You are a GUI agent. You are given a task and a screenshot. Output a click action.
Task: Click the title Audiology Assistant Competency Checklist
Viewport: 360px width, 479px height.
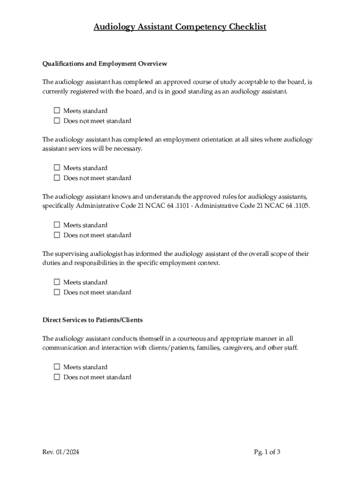pos(180,27)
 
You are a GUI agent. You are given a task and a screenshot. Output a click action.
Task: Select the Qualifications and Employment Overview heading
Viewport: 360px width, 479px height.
pos(105,64)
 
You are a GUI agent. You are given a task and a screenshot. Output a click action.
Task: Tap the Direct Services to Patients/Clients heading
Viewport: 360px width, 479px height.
pos(93,320)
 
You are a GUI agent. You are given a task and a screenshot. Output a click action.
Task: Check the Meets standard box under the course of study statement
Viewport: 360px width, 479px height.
pos(57,111)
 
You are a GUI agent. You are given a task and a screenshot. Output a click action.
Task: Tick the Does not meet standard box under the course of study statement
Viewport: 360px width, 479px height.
pos(57,121)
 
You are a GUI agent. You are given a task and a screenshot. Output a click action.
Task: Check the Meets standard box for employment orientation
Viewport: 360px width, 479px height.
pos(57,168)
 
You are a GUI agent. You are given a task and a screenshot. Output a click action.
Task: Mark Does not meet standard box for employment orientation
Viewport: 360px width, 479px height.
pos(57,178)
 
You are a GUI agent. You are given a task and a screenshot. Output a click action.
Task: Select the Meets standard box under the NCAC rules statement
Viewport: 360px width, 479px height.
pos(57,225)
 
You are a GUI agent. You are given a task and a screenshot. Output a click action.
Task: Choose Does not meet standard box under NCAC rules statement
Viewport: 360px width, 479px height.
pos(57,235)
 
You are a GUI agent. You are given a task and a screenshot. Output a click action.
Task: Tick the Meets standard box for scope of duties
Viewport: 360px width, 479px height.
pos(57,282)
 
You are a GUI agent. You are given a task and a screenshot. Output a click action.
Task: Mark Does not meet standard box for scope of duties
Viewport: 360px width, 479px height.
pos(57,292)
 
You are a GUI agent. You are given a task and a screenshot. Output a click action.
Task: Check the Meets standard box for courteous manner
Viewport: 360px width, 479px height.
pos(57,367)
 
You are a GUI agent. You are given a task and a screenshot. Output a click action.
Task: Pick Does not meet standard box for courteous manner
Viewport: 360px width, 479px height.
pos(57,377)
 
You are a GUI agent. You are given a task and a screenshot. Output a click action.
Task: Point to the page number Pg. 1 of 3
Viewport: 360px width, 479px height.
pos(267,452)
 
